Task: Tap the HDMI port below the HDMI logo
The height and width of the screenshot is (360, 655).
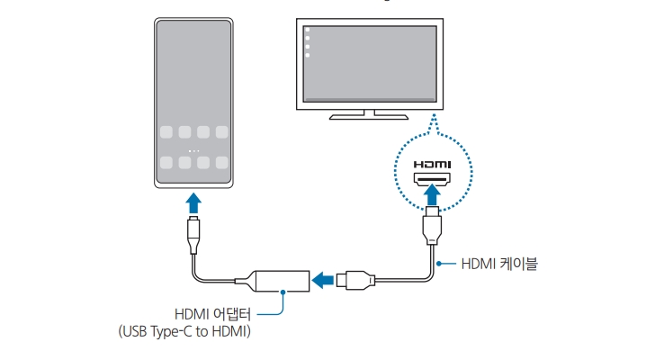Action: coord(434,180)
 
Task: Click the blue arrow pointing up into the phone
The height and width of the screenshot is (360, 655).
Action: coord(193,200)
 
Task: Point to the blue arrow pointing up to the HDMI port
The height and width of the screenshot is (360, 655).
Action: coord(434,193)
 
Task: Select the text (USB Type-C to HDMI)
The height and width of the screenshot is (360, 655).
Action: coord(184,332)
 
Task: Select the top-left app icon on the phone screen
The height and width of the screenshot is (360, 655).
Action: coord(166,132)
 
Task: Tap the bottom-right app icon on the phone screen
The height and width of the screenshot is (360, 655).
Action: coord(221,164)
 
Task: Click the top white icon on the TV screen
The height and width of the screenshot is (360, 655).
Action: coord(308,30)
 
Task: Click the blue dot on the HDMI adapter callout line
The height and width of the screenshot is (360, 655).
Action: coord(283,292)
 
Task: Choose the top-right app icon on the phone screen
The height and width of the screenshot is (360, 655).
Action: coord(221,132)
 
